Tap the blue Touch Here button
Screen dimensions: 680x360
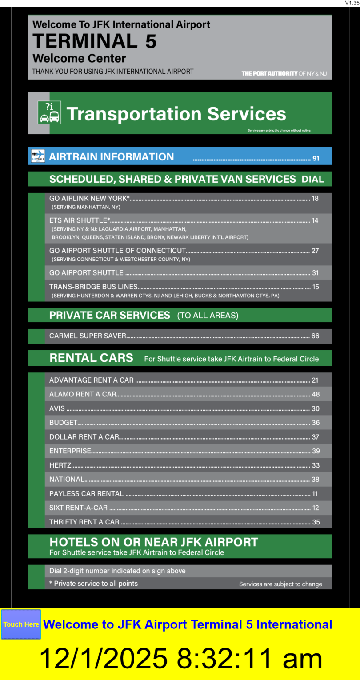tap(21, 624)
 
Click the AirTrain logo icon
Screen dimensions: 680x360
tap(38, 156)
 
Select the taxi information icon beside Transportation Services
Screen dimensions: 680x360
tap(49, 112)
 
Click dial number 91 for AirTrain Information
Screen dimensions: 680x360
tap(316, 158)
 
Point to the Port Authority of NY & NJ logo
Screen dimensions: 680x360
tap(284, 73)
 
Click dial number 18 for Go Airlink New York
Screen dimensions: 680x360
tap(315, 199)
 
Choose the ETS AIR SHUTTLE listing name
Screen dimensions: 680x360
tap(80, 220)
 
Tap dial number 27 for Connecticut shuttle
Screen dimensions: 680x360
tap(315, 251)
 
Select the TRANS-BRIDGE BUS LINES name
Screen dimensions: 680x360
tap(93, 287)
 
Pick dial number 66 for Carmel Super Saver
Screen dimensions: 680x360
tap(315, 336)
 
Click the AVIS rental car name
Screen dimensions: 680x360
tap(57, 408)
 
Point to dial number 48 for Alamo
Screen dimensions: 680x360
tap(316, 394)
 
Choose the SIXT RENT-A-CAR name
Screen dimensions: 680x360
tap(78, 508)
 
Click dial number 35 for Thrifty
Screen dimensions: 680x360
tap(316, 522)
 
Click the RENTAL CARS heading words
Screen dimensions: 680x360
tap(91, 358)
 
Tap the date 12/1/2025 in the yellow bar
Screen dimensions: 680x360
tap(103, 659)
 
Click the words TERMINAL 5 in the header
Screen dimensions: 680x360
tap(94, 41)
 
